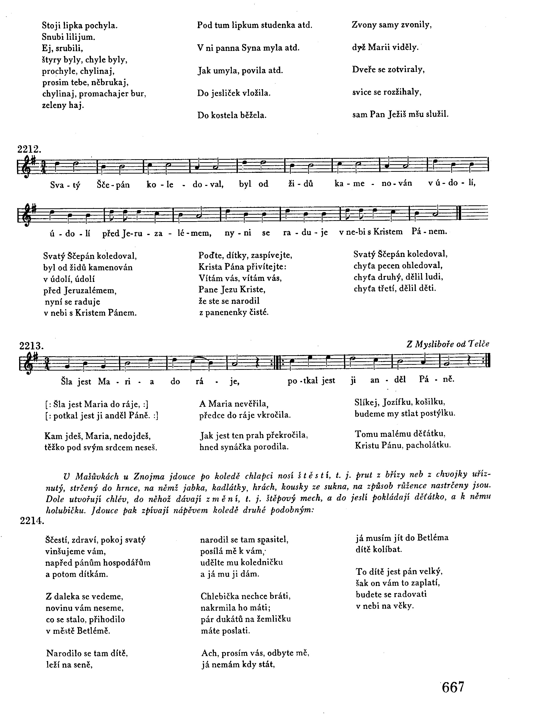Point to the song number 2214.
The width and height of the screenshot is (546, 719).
[x=32, y=521]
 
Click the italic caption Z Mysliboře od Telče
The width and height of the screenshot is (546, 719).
[x=448, y=344]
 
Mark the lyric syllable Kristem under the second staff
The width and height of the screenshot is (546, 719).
[x=388, y=232]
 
